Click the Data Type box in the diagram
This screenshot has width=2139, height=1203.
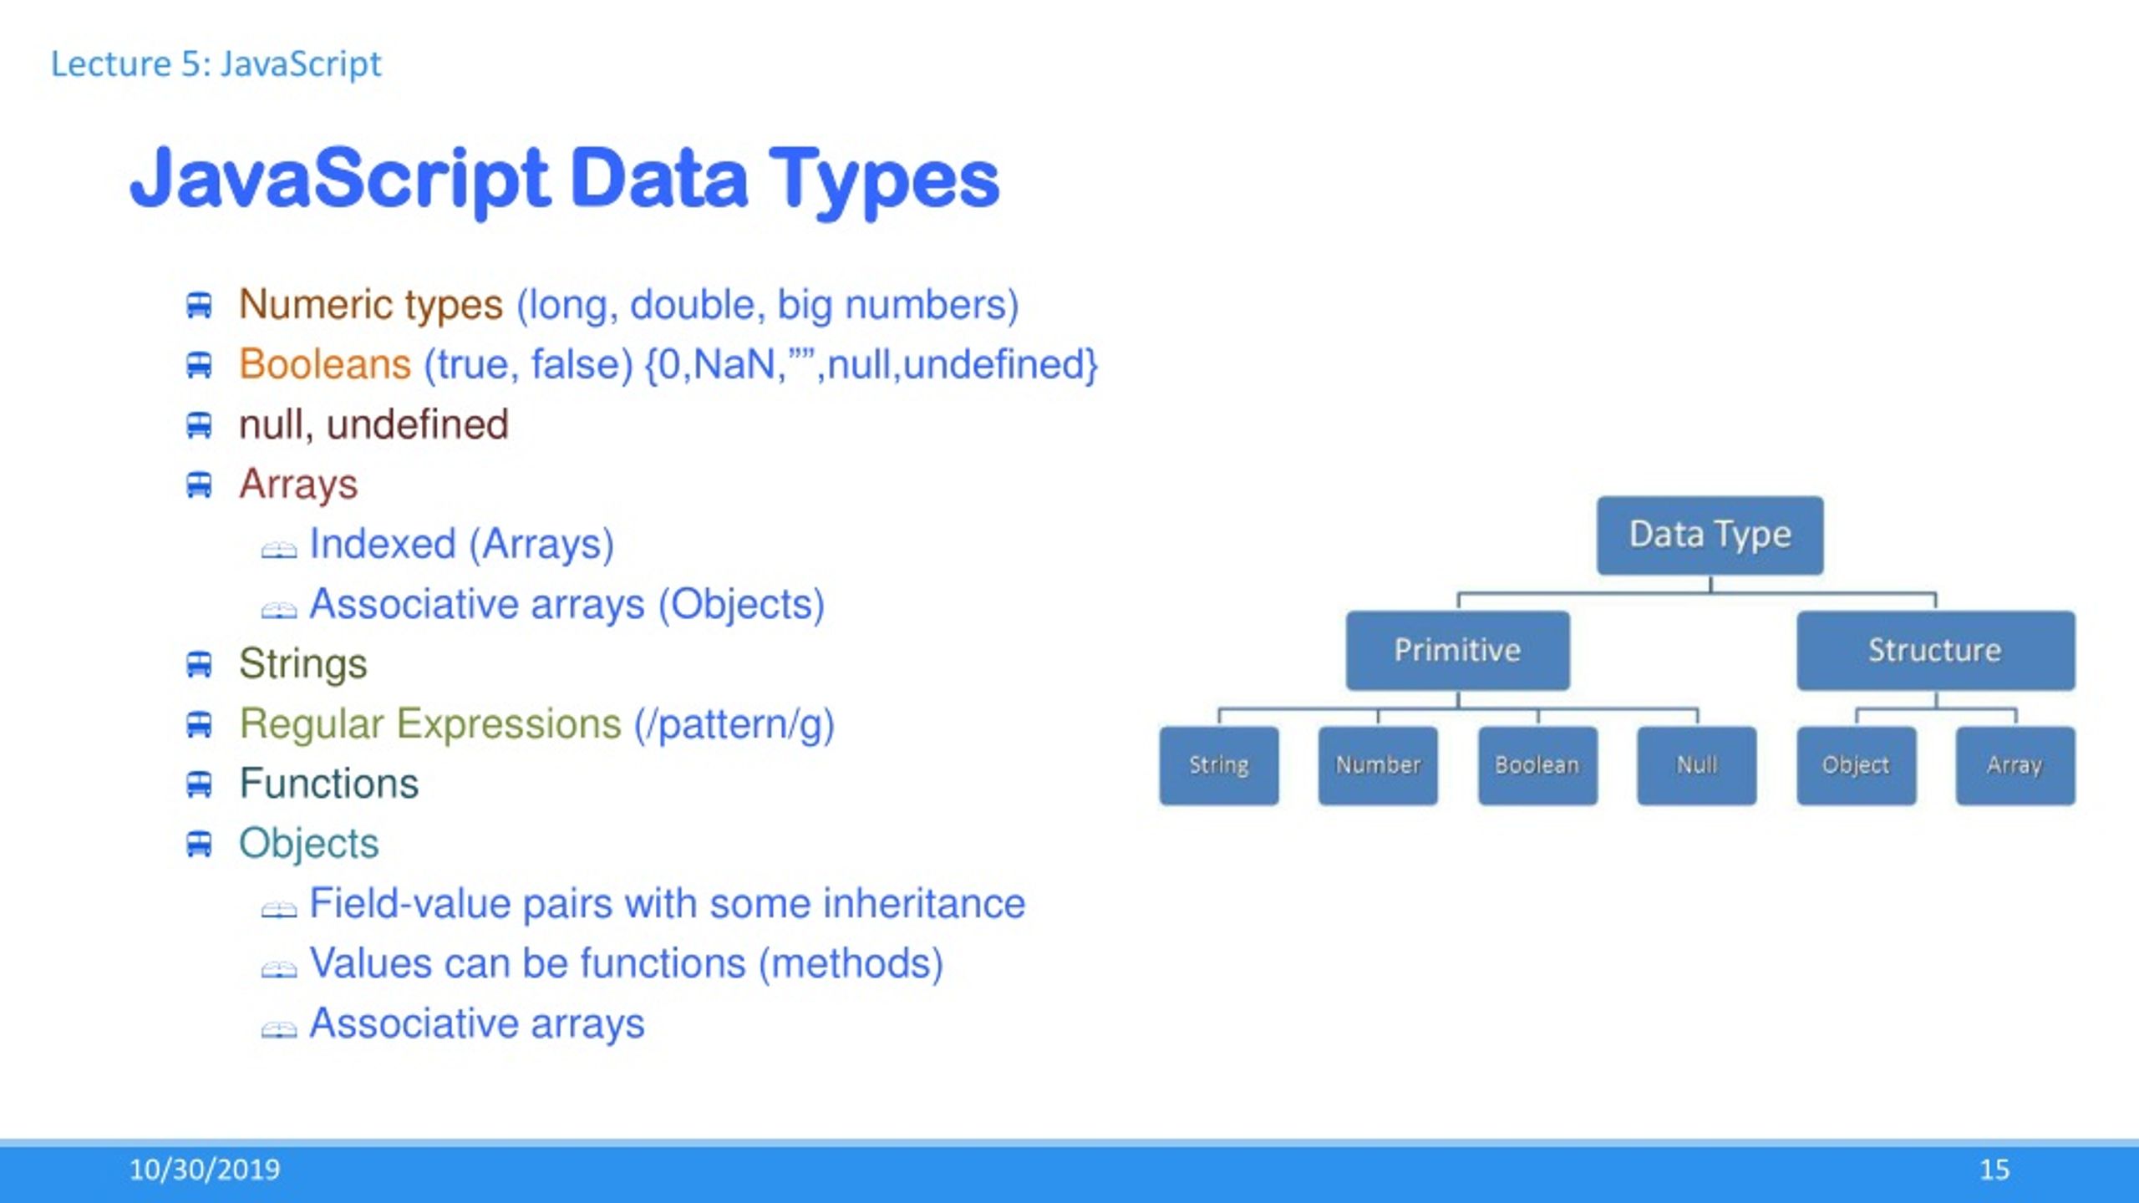(x=1710, y=535)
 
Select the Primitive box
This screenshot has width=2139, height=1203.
(x=1457, y=650)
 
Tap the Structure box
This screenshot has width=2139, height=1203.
(x=1935, y=650)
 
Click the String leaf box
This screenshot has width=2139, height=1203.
(x=1218, y=765)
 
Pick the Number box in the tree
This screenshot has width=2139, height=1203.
(x=1378, y=765)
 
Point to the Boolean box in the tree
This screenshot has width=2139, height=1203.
(x=1537, y=765)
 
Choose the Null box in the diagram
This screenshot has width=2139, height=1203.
(x=1696, y=765)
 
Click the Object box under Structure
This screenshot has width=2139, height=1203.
(x=1856, y=765)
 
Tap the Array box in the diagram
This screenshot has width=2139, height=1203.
(x=2015, y=765)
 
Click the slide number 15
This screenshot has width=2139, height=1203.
(x=1994, y=1170)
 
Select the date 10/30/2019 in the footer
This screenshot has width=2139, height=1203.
(x=205, y=1170)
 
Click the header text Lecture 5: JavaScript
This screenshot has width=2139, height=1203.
(x=216, y=64)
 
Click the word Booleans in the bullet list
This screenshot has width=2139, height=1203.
(x=324, y=364)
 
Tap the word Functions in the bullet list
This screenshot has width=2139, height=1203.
(x=328, y=784)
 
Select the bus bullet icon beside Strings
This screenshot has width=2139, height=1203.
(x=199, y=665)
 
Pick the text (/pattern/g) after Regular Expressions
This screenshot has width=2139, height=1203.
(x=734, y=725)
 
